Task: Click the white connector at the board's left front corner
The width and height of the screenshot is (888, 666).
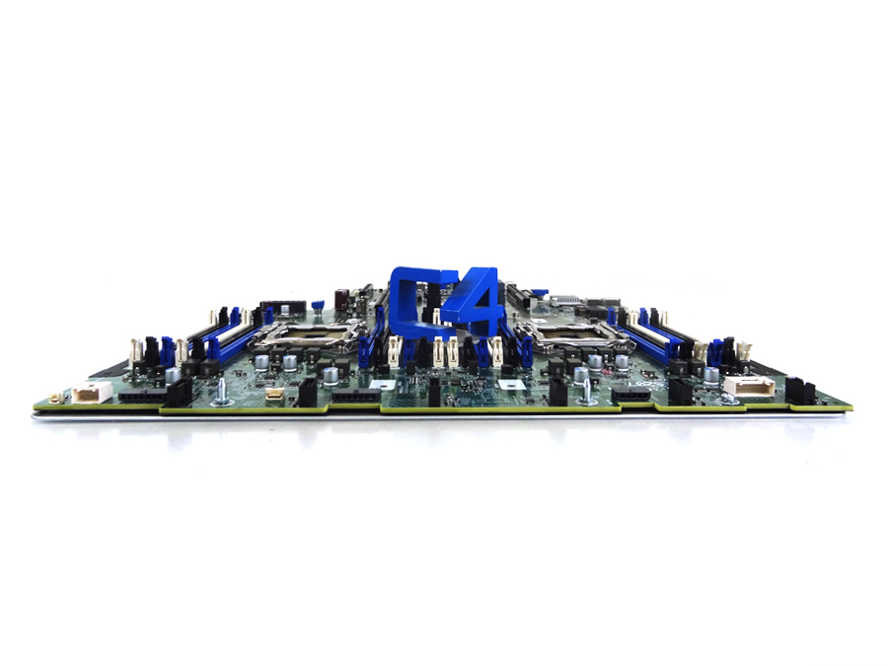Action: [87, 394]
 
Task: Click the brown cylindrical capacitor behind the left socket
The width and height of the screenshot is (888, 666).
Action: [340, 296]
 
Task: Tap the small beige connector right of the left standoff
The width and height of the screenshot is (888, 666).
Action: [272, 396]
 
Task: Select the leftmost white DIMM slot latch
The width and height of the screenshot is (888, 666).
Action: [133, 351]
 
